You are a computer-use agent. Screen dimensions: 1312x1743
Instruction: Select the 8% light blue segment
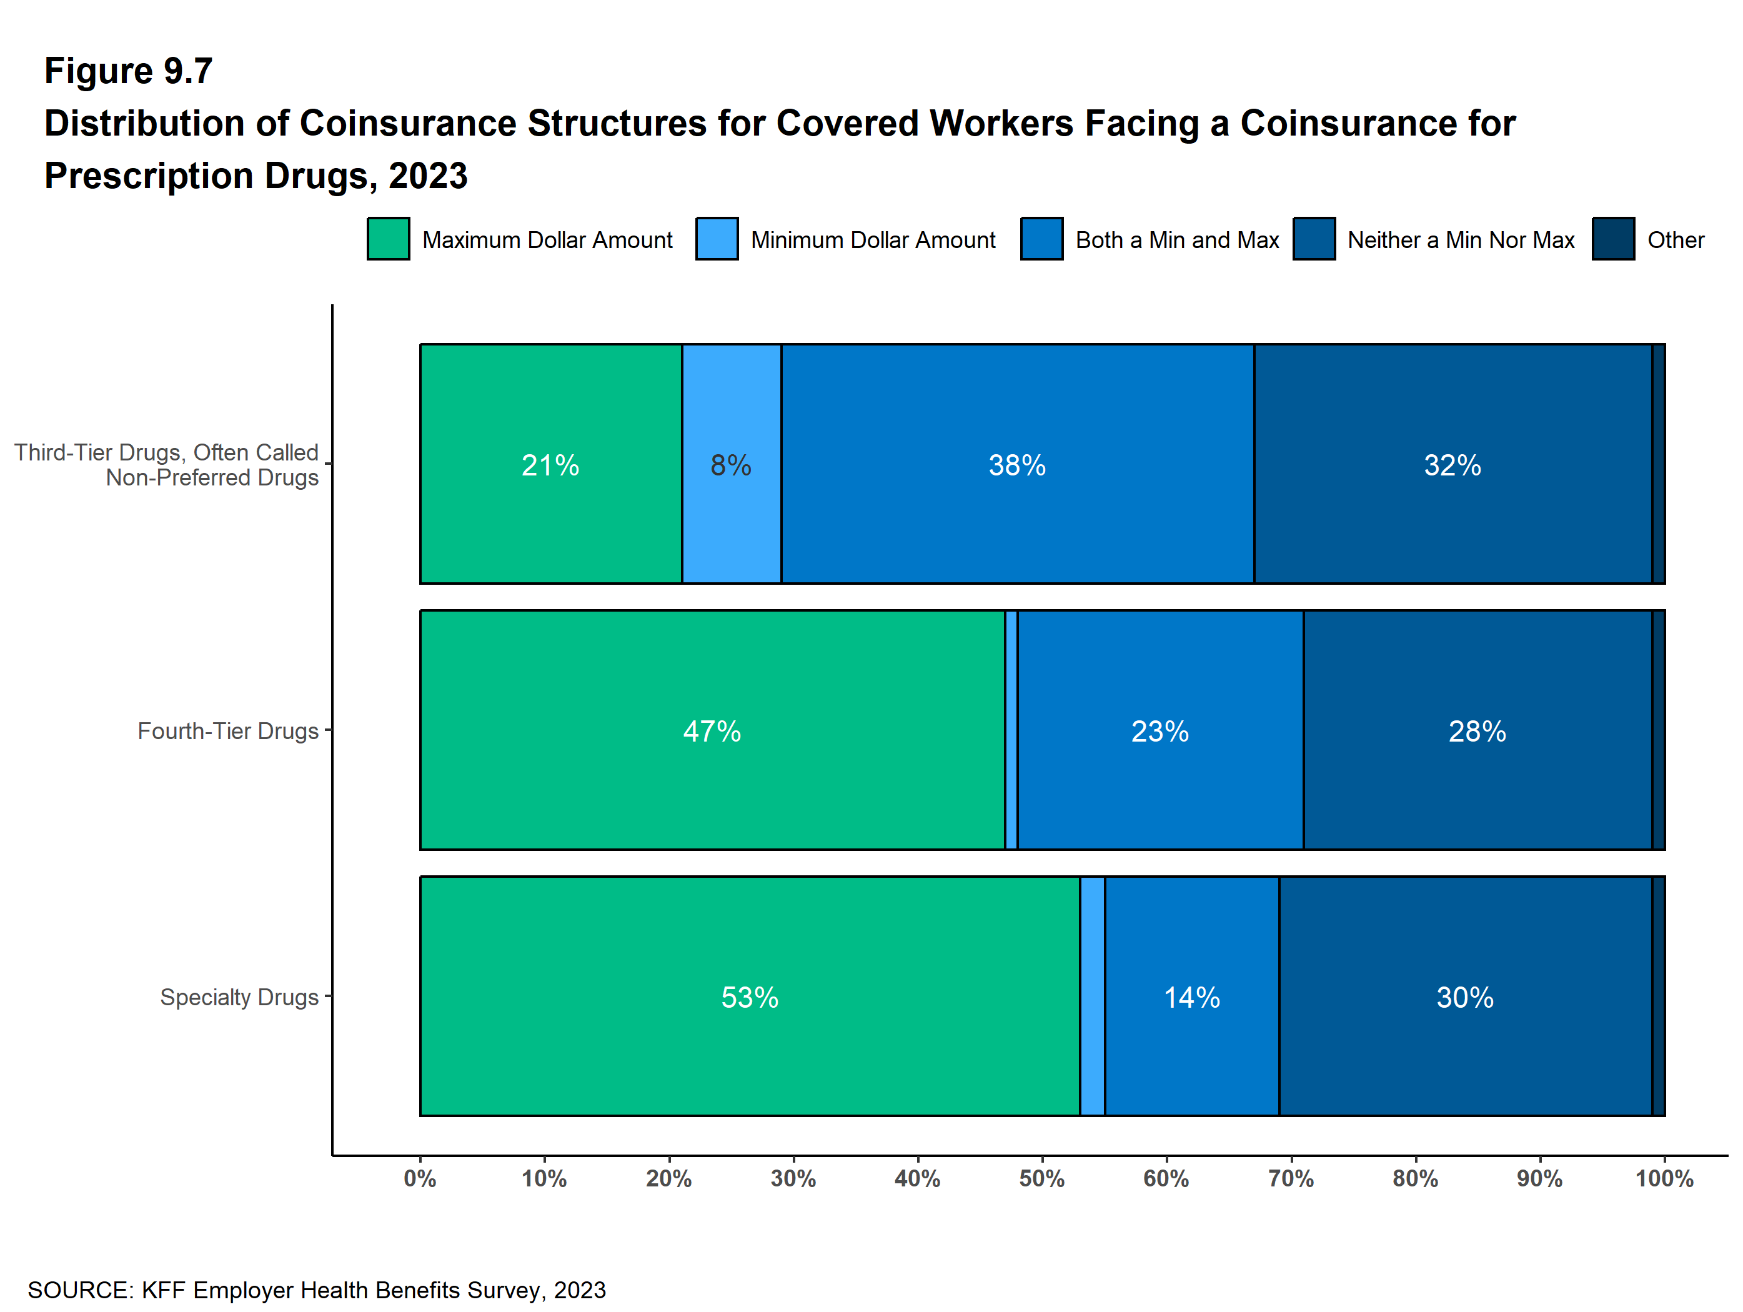click(730, 464)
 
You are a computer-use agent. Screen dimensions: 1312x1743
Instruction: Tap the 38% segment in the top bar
click(1016, 464)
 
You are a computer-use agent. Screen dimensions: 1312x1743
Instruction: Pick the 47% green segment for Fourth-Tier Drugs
click(712, 730)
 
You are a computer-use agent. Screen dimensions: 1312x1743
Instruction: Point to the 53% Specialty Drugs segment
click(749, 996)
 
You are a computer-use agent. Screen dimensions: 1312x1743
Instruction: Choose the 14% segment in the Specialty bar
click(1191, 996)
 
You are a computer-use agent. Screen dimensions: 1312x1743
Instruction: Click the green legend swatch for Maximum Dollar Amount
click(388, 239)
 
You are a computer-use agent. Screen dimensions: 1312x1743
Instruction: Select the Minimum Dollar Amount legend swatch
click(717, 239)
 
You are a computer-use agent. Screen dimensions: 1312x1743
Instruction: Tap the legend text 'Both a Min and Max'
click(1176, 239)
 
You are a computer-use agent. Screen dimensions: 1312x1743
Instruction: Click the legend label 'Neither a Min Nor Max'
click(1460, 239)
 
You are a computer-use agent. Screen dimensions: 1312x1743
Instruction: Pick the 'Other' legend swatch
click(1612, 239)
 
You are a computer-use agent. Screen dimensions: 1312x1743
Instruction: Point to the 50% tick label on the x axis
click(1041, 1179)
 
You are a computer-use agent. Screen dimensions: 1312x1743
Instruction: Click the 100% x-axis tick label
click(1664, 1179)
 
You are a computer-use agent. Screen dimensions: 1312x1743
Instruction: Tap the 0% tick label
click(420, 1179)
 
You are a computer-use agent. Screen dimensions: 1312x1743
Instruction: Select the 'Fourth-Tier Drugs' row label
click(228, 731)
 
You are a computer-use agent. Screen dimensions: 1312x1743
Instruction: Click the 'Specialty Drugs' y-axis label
click(239, 996)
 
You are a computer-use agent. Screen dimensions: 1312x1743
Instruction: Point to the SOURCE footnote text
click(317, 1290)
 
